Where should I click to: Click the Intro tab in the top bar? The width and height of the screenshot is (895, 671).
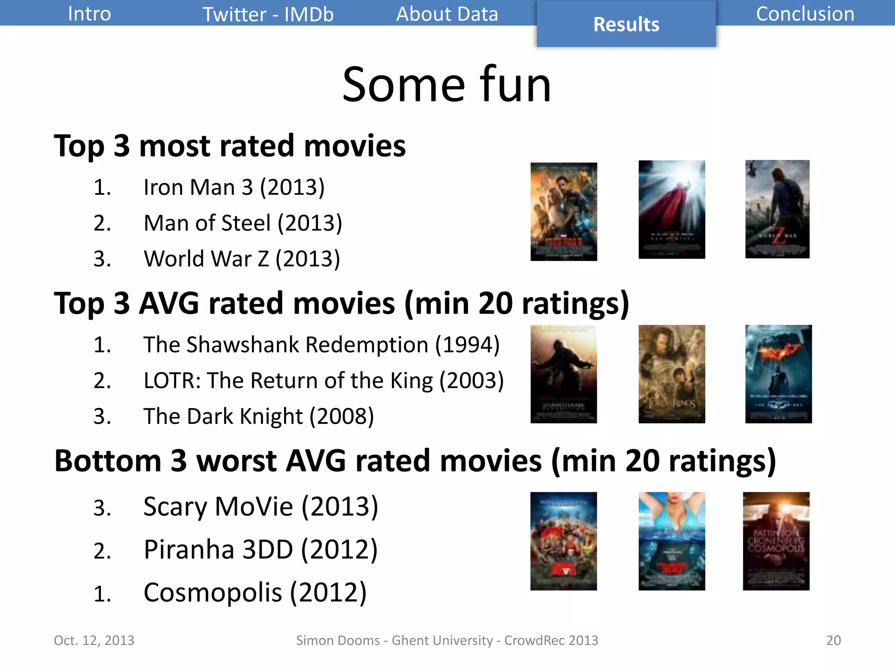(89, 14)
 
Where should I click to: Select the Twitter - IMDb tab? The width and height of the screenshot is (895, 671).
(268, 14)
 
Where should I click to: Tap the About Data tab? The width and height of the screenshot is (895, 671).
(447, 14)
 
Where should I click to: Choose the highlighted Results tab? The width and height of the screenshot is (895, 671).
(626, 24)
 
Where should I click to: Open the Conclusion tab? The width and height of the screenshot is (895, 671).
(805, 14)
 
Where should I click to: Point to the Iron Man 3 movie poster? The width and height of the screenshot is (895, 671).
(563, 211)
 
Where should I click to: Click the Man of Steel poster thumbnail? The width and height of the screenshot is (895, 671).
(671, 209)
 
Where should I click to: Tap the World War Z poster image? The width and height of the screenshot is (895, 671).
(777, 209)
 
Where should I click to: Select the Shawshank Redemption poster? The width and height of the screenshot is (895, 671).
(563, 374)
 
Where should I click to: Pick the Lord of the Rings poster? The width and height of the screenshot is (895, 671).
(671, 374)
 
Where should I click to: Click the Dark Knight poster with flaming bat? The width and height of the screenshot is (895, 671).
(778, 374)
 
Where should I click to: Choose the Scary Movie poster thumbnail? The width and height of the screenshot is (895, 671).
(563, 541)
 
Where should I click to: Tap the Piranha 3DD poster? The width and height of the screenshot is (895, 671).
(671, 541)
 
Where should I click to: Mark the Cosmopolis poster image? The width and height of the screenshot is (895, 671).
(776, 541)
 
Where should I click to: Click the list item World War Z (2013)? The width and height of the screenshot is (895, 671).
(241, 259)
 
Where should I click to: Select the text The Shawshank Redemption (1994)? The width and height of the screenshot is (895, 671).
(321, 345)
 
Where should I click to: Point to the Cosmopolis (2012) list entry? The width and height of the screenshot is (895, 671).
(255, 593)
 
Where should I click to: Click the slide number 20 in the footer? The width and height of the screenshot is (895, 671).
(833, 640)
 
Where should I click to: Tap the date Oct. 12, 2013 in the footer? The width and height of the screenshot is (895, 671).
(94, 640)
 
